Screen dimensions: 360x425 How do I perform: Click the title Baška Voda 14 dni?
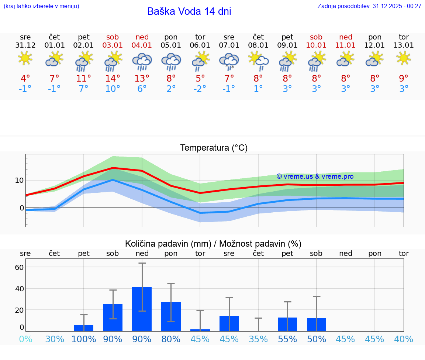189,11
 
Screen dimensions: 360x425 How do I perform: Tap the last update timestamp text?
369,6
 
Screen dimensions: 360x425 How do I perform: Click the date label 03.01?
113,45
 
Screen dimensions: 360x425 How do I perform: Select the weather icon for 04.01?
142,61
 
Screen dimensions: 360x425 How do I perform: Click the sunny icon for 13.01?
404,58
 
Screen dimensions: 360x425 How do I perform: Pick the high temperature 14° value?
113,78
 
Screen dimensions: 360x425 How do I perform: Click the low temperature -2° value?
200,89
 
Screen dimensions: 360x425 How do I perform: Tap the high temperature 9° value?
404,78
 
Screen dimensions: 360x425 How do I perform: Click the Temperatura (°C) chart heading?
214,148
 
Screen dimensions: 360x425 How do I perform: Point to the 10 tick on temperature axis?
19,180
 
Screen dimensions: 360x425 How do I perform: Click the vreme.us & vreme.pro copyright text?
315,176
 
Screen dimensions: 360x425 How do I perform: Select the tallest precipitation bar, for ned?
142,309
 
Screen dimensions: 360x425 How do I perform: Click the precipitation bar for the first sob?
113,318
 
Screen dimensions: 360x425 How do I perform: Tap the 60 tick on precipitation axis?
19,267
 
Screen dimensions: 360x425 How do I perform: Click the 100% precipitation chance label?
84,339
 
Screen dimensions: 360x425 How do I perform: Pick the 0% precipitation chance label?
25,339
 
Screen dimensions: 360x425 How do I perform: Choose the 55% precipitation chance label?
287,339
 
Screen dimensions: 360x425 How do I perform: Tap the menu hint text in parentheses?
41,6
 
